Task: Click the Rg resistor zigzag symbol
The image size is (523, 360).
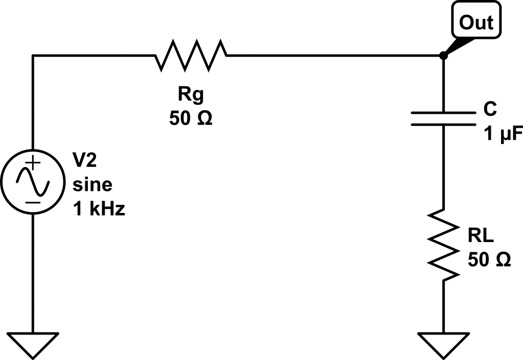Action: click(x=191, y=56)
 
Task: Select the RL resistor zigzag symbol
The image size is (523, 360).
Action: click(x=443, y=244)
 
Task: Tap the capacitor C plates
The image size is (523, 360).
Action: click(x=443, y=117)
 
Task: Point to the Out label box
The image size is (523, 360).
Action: click(x=476, y=22)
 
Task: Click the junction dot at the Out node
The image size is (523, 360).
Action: click(x=443, y=56)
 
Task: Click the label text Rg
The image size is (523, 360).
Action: click(x=189, y=95)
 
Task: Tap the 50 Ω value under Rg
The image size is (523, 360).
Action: click(x=189, y=118)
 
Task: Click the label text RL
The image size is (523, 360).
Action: click(x=480, y=236)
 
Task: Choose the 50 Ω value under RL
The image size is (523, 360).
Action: click(x=489, y=260)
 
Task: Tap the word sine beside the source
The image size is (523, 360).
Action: click(x=92, y=184)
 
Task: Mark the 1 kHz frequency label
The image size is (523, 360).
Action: click(x=99, y=208)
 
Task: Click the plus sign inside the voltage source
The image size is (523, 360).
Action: click(x=33, y=164)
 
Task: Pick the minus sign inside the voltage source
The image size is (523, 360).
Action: click(x=33, y=202)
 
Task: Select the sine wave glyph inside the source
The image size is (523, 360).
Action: click(x=33, y=183)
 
